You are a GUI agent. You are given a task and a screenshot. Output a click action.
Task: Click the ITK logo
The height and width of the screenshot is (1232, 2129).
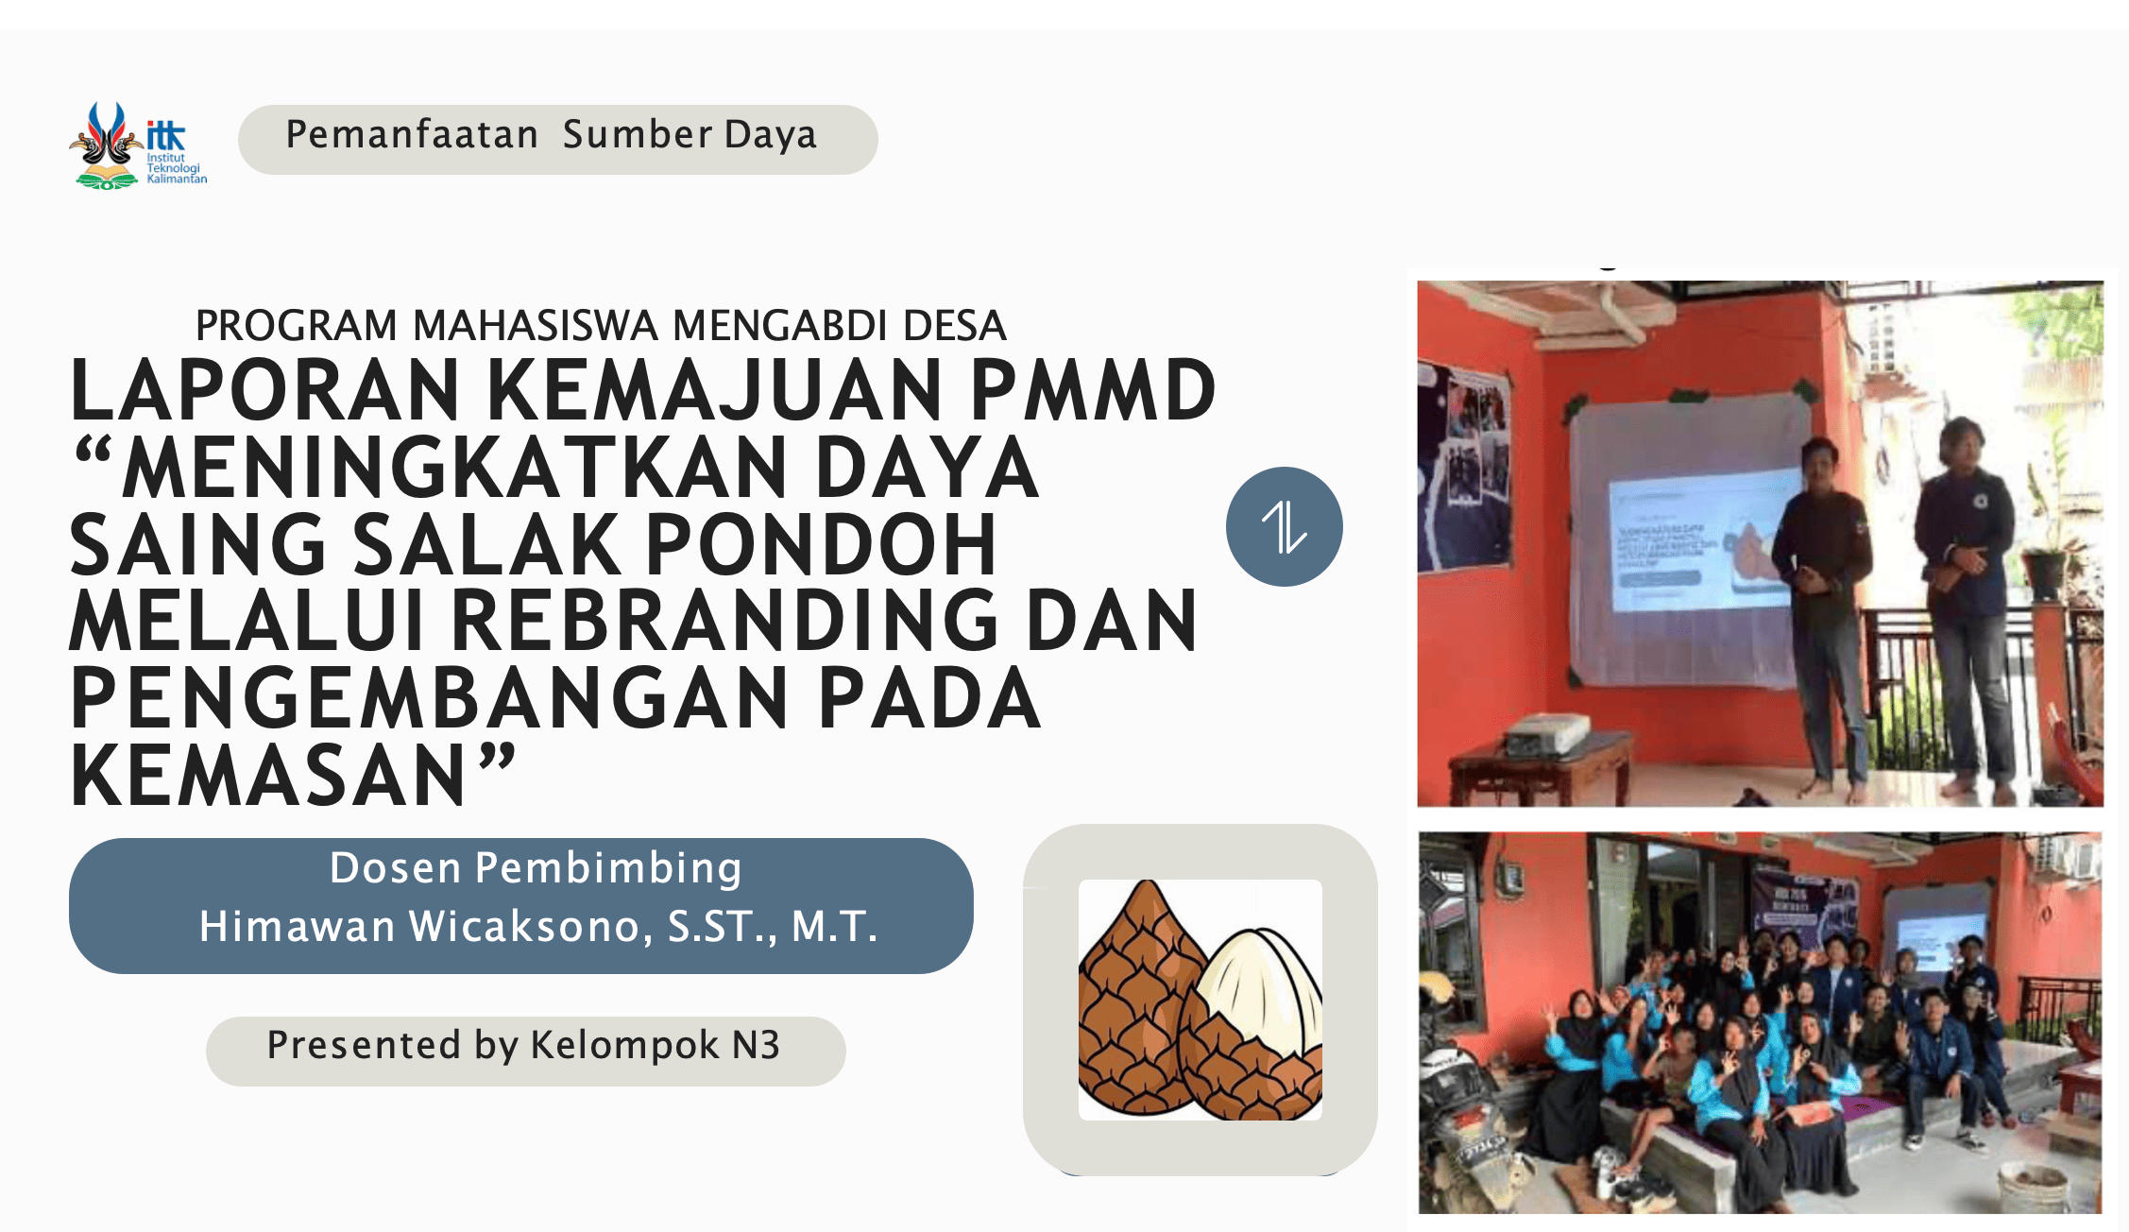coord(138,145)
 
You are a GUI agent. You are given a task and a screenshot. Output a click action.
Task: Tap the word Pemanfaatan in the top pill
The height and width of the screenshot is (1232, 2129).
coord(412,135)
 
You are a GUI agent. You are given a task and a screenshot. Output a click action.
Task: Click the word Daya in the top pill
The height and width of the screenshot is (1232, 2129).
coord(770,136)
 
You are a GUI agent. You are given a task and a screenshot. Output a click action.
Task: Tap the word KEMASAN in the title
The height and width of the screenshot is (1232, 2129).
coord(268,776)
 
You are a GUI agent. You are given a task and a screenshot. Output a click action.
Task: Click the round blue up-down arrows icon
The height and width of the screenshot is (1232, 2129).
coord(1285,526)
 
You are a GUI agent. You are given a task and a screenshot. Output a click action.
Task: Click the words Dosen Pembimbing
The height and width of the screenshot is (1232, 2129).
coord(536,868)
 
